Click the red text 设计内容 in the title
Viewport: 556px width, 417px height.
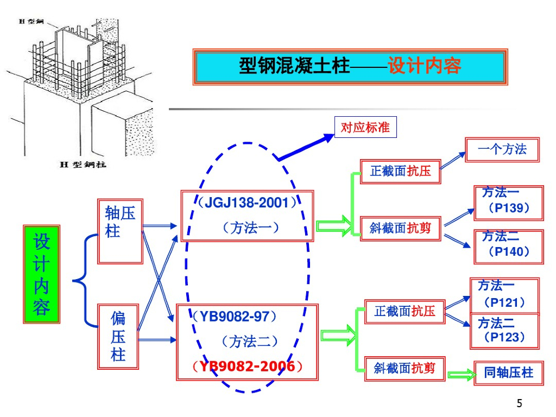tap(424, 66)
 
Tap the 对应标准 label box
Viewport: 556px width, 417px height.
tap(365, 127)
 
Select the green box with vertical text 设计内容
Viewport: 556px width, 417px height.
tap(41, 274)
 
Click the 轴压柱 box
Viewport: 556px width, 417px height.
tap(120, 231)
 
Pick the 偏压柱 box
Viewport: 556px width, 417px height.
tap(118, 337)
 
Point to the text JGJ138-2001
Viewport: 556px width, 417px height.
tap(247, 203)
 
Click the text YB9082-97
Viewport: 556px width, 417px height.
tap(235, 317)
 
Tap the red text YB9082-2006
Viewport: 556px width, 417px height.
tap(247, 367)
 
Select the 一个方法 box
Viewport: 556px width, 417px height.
tap(502, 150)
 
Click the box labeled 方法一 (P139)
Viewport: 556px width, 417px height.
tap(509, 203)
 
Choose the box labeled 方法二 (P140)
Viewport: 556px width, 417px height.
tap(509, 247)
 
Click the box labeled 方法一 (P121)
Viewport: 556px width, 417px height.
tap(504, 296)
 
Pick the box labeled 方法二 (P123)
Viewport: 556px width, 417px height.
tap(504, 331)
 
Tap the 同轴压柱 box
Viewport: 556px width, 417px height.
tap(509, 372)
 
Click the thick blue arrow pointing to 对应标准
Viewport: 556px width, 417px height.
tap(306, 148)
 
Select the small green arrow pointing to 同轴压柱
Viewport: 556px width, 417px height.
tap(462, 375)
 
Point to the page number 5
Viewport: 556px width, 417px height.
tap(520, 403)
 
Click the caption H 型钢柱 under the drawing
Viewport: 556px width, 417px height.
tap(83, 165)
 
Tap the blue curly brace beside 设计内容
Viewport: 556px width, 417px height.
tap(85, 281)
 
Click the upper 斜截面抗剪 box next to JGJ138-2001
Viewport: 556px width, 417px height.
tap(400, 229)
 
